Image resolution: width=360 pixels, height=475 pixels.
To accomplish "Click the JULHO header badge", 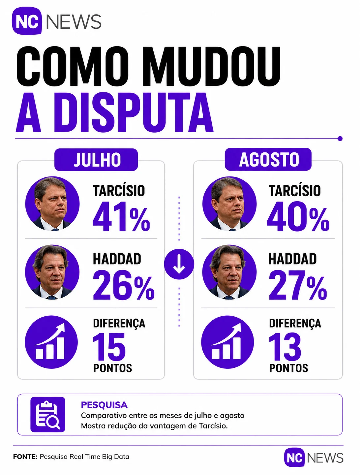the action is pos(96,159).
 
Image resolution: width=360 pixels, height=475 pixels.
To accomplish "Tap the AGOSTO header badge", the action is pos(268,159).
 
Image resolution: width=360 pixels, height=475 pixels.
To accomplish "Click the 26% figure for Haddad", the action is pos(124,285).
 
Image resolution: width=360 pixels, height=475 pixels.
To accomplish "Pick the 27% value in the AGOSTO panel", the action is pos(298,285).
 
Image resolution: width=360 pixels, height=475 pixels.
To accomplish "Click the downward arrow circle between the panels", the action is pos(179,264).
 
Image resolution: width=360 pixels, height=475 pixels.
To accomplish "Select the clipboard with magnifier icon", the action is pos(48,414).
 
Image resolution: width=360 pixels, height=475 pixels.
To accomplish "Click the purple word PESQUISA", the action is pos(104,405).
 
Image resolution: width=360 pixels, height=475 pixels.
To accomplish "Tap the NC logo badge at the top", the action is pos(27,21).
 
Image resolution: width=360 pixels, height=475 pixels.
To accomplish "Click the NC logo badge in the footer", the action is pos(294,458).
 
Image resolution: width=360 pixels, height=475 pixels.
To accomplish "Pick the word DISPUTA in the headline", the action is pos(134,112).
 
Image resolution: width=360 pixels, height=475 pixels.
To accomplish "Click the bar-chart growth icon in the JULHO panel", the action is pos(51,342).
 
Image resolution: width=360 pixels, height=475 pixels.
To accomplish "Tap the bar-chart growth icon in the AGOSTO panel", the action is pos(227,342).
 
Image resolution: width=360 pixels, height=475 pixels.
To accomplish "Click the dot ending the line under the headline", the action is pos(340,139).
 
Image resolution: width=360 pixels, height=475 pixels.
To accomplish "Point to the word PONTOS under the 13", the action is pos(289,368).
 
